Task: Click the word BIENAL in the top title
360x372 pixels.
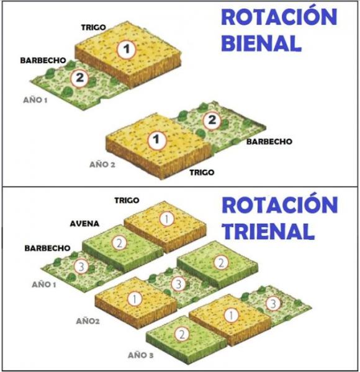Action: click(x=261, y=43)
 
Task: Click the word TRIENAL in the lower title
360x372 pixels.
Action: click(x=268, y=231)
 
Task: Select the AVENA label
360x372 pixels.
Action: click(x=84, y=224)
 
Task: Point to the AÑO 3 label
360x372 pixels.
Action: click(x=140, y=355)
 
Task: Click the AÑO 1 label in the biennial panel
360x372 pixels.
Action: click(x=35, y=100)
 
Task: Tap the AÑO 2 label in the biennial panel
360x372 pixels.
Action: click(x=102, y=164)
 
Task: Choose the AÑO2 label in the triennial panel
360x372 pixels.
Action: click(x=88, y=321)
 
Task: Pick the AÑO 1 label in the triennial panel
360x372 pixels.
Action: click(x=44, y=285)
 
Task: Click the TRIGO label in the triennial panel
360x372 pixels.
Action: click(x=127, y=200)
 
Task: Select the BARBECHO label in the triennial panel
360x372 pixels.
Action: click(x=48, y=249)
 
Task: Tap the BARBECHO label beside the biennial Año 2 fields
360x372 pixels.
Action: click(x=269, y=141)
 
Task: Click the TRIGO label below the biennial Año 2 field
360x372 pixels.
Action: click(x=202, y=172)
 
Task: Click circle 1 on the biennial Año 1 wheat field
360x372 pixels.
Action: click(x=127, y=50)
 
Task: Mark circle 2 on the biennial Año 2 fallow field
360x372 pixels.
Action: click(x=212, y=120)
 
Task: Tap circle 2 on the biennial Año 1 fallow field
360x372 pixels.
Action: click(x=79, y=78)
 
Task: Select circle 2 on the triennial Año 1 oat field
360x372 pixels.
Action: click(x=119, y=243)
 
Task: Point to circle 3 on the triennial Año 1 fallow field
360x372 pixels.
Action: click(x=81, y=267)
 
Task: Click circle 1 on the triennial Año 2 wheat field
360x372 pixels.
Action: click(x=135, y=299)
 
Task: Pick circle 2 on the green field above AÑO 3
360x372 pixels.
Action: click(x=182, y=334)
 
